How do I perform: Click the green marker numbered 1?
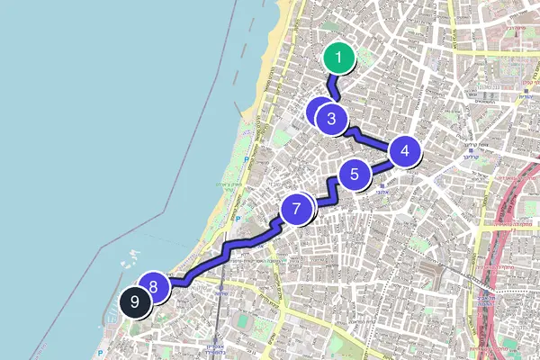click(x=338, y=59)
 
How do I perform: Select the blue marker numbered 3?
click(x=332, y=117)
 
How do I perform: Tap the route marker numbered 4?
click(x=405, y=151)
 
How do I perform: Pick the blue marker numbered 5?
click(x=355, y=175)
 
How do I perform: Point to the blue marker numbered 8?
click(x=154, y=287)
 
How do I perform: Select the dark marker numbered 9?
click(x=134, y=303)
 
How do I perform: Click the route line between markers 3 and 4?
click(x=369, y=138)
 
